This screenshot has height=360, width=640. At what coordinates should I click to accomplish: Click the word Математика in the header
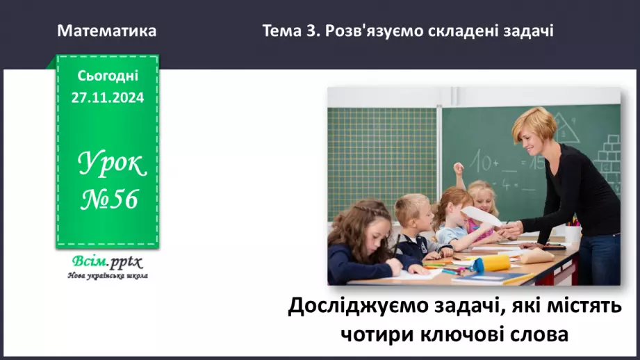(x=106, y=31)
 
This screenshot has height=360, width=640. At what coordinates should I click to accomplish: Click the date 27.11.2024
(x=108, y=98)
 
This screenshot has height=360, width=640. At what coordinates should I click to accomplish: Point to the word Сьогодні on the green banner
(x=108, y=76)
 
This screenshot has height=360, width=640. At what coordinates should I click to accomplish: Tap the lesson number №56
(x=110, y=200)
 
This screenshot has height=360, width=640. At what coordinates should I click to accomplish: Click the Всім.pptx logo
(x=106, y=262)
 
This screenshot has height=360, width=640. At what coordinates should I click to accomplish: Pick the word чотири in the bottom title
(x=373, y=334)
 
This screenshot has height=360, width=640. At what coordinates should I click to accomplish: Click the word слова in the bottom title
(x=540, y=334)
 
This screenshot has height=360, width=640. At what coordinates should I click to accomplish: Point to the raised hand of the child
(x=458, y=168)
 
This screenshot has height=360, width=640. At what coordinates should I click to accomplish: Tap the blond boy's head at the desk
(x=412, y=209)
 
